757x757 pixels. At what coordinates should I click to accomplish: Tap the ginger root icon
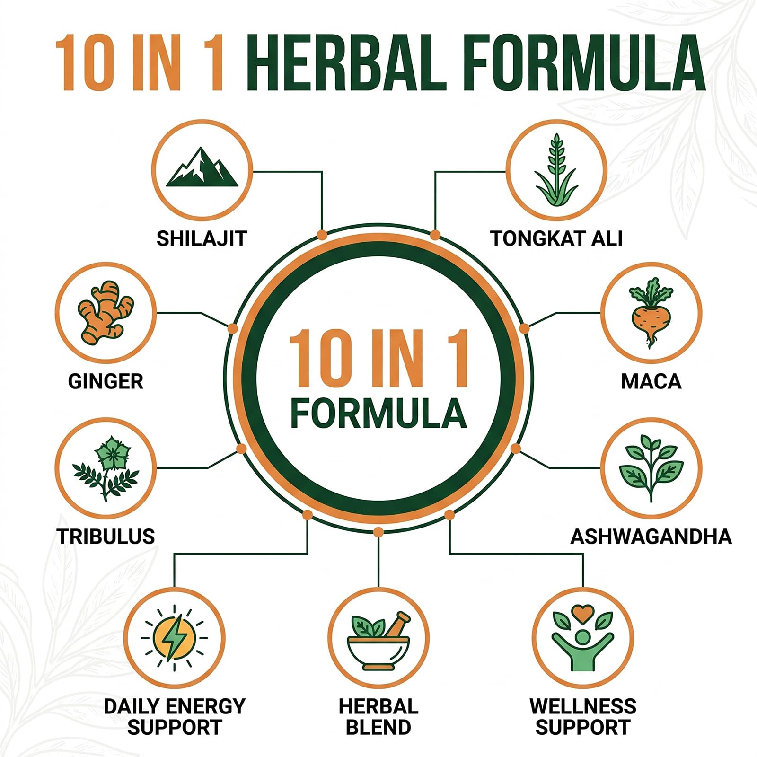pyautogui.click(x=106, y=312)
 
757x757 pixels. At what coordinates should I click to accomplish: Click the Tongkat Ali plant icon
pyautogui.click(x=556, y=170)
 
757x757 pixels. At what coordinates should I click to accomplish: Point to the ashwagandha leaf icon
pyautogui.click(x=651, y=468)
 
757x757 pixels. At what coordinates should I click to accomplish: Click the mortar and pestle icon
pyautogui.click(x=378, y=641)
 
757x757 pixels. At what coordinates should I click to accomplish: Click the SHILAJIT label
pyautogui.click(x=202, y=238)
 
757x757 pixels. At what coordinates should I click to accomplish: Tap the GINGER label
pyautogui.click(x=106, y=381)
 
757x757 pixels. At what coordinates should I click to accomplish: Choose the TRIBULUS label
pyautogui.click(x=106, y=537)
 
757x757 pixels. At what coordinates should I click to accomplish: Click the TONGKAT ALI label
pyautogui.click(x=556, y=238)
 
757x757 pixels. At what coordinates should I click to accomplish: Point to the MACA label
pyautogui.click(x=651, y=381)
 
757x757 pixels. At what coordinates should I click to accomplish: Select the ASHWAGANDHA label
pyautogui.click(x=651, y=537)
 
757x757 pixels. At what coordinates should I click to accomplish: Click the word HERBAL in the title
pyautogui.click(x=346, y=63)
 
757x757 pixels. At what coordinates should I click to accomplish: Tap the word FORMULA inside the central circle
pyautogui.click(x=378, y=413)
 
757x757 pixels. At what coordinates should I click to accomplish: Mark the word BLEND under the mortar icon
pyautogui.click(x=378, y=727)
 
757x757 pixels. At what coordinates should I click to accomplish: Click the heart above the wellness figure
pyautogui.click(x=583, y=614)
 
